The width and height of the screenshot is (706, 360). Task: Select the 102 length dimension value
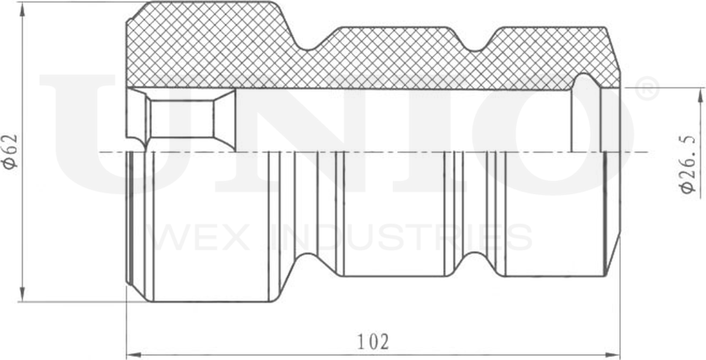(x=373, y=342)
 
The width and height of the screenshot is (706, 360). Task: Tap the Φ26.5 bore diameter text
(x=688, y=165)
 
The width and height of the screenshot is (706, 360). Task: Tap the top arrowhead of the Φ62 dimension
(x=22, y=7)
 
